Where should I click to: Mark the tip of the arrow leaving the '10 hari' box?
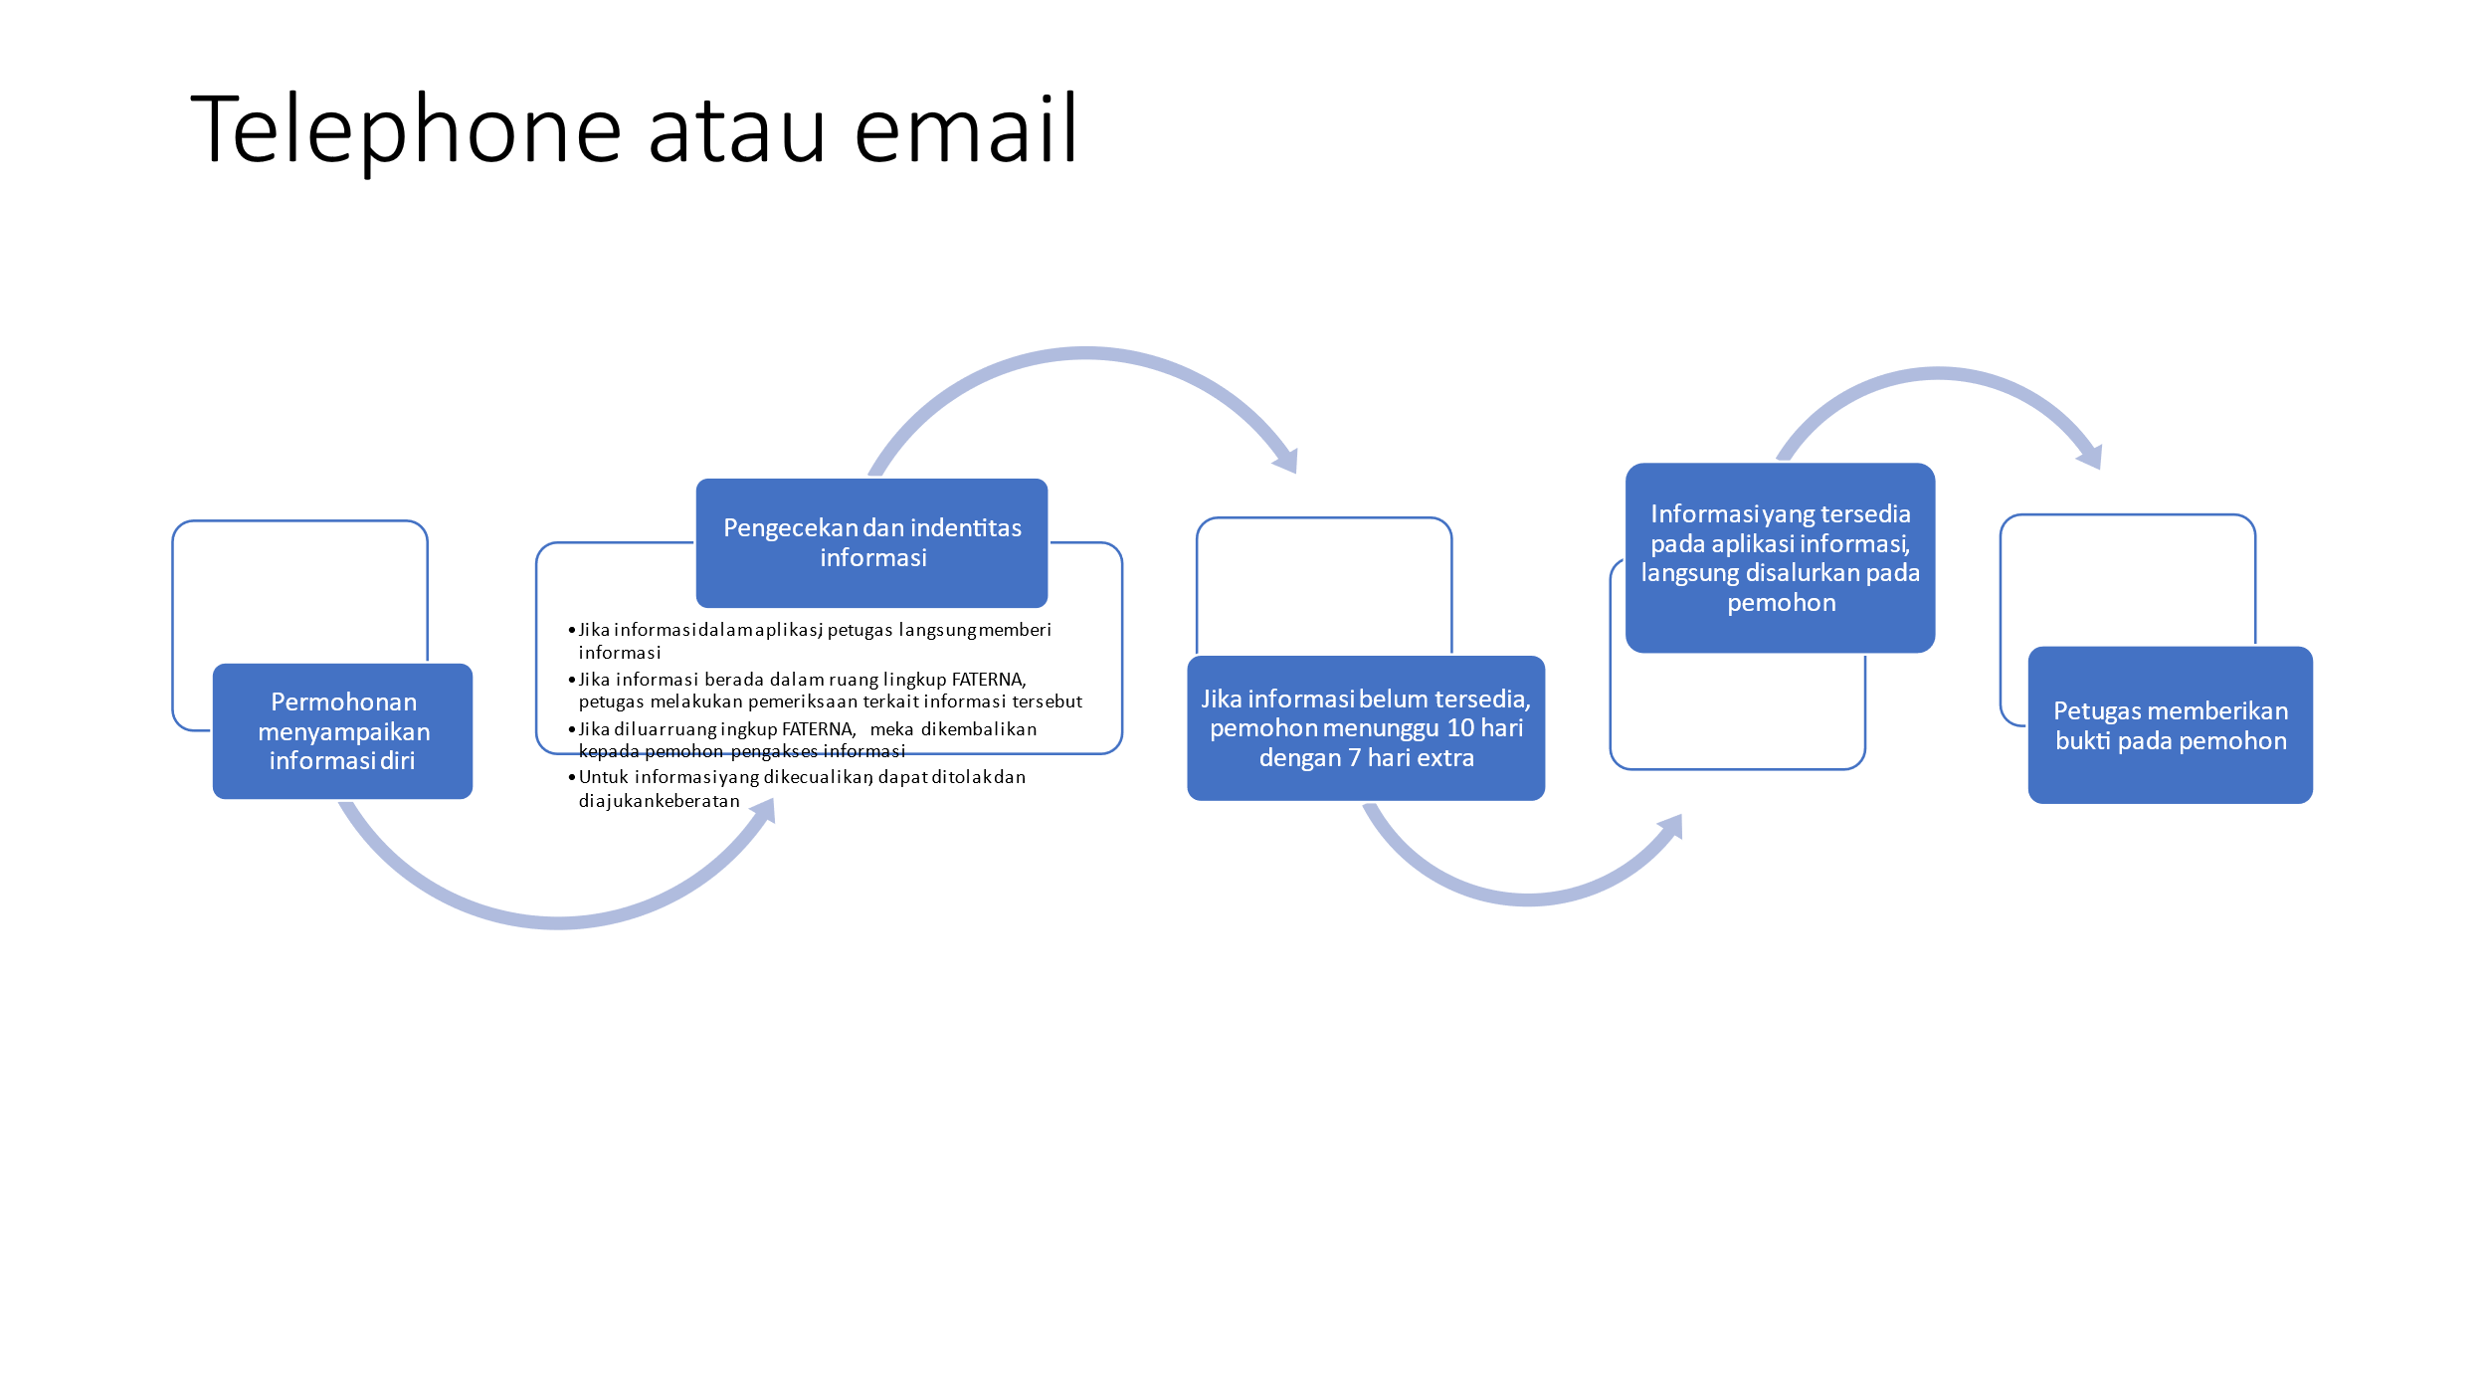coord(1681,815)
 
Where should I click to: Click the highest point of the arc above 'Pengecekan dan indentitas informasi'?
coord(1084,352)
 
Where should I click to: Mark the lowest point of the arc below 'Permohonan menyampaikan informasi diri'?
coord(558,923)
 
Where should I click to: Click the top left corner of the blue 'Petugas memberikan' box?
coord(2029,647)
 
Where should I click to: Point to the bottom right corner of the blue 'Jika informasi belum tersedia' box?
coord(1545,800)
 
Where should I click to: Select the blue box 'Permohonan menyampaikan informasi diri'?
coord(342,731)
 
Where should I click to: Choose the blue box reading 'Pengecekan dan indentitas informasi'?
coord(871,542)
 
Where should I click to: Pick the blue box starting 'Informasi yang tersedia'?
coord(1780,557)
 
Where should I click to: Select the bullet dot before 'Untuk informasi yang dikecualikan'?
coord(572,777)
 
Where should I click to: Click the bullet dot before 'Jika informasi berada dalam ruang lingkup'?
coord(572,680)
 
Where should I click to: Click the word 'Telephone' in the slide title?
coord(407,130)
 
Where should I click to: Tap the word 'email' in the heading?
coord(966,128)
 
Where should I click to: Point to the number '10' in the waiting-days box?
coord(1460,727)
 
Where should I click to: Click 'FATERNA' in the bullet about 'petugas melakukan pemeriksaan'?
coord(988,680)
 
